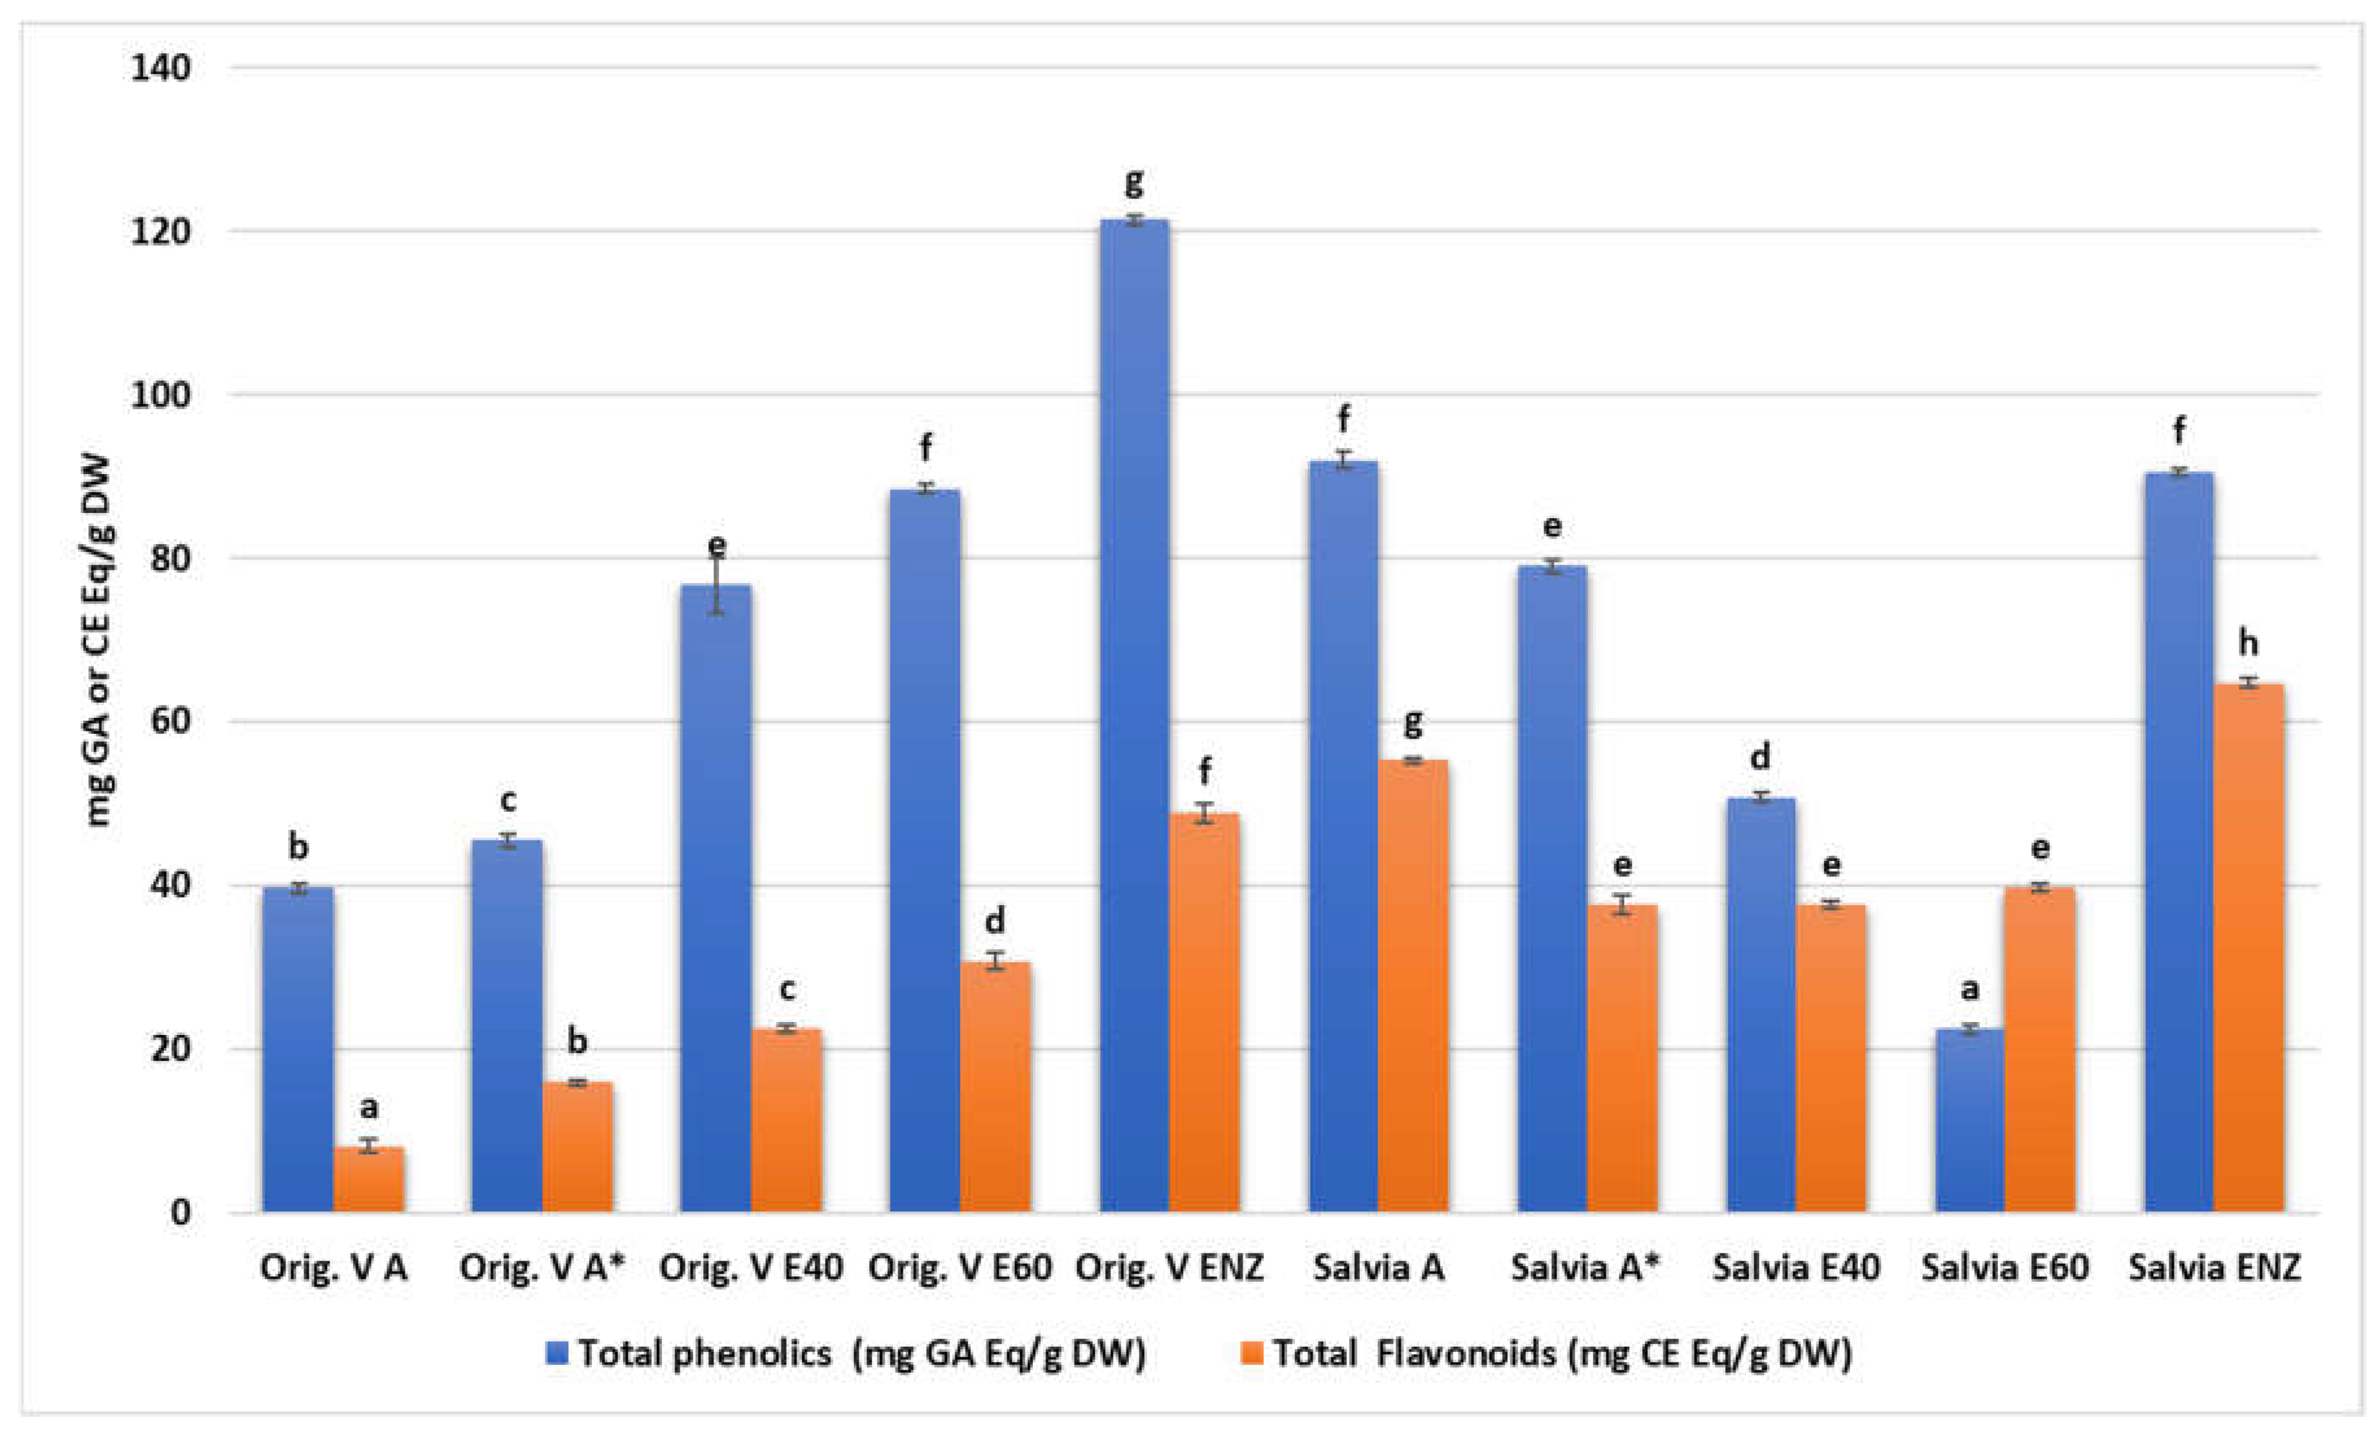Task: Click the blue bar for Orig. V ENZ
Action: (x=1134, y=715)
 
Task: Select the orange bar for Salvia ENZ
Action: (x=2248, y=946)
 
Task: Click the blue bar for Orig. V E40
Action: (x=716, y=898)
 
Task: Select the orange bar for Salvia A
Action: (x=1413, y=985)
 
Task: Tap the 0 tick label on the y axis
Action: (x=180, y=1213)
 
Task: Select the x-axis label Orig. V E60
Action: (x=959, y=1267)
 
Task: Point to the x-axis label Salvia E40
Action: (x=1796, y=1267)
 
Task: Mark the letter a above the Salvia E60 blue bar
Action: (x=1969, y=989)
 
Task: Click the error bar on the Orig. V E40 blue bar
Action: (x=716, y=587)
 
